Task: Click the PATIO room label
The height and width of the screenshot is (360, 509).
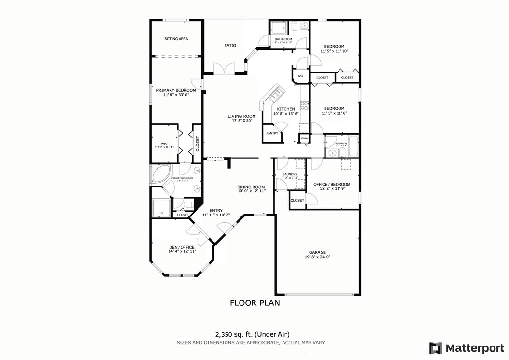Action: click(x=230, y=46)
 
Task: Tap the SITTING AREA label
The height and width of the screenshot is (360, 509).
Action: click(x=176, y=39)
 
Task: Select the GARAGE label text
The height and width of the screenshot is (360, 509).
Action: click(x=317, y=252)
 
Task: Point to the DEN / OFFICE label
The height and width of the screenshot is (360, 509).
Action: click(x=182, y=247)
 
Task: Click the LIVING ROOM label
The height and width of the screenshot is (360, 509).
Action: click(x=242, y=116)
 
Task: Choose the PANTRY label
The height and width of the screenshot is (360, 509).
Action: click(x=272, y=133)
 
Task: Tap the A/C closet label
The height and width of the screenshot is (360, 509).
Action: click(x=300, y=76)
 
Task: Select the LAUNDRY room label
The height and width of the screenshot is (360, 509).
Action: click(x=290, y=174)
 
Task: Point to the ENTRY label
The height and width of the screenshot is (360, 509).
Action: click(x=216, y=210)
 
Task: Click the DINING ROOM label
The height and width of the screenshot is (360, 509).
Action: click(x=251, y=187)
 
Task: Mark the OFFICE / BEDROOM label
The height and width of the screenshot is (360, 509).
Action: click(x=332, y=184)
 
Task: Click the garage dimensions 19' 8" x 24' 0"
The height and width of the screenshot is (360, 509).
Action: click(x=317, y=258)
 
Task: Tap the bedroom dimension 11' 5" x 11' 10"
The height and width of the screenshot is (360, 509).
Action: click(x=334, y=51)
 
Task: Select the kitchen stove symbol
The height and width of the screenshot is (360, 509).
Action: click(x=305, y=105)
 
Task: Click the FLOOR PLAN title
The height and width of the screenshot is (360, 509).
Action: click(x=254, y=303)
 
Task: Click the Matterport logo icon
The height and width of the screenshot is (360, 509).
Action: click(x=436, y=348)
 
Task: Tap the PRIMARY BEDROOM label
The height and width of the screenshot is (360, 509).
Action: click(x=176, y=90)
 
